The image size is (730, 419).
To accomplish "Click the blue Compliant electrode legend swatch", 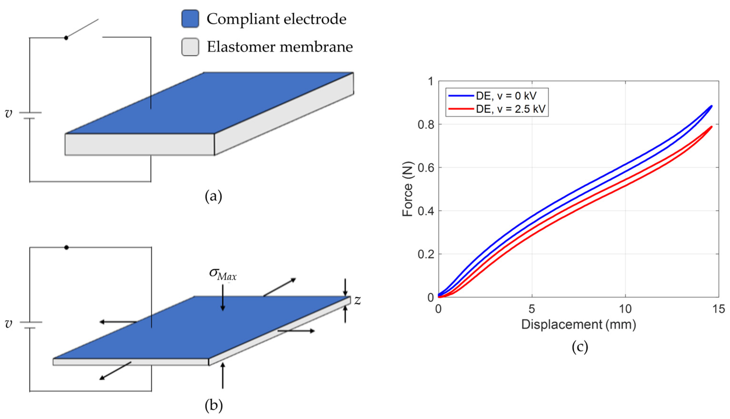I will (190, 19).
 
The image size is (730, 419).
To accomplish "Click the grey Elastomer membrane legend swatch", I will (190, 47).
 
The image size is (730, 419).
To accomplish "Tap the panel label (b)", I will (214, 405).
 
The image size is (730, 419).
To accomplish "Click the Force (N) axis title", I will (407, 189).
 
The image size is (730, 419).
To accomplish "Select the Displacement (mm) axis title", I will (579, 324).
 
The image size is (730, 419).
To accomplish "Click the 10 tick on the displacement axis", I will (625, 309).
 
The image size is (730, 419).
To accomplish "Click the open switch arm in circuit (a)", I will (82, 28).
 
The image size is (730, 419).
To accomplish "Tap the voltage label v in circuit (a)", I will (9, 113).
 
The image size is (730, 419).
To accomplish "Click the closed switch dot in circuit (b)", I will (66, 247).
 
